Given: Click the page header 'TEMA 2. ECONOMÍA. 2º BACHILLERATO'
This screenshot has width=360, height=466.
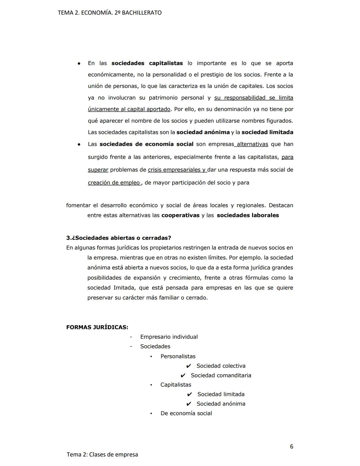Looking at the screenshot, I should (x=110, y=13).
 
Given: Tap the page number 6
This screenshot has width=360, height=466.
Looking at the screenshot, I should (x=292, y=446).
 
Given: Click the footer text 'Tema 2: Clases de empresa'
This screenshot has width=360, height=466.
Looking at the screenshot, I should (x=102, y=454).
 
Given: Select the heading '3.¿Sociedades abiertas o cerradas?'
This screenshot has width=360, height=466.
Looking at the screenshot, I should (x=119, y=238).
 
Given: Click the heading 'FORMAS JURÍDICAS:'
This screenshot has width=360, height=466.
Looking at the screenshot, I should (x=97, y=327).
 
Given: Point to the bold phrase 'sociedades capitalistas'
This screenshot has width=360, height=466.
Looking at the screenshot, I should (x=147, y=63).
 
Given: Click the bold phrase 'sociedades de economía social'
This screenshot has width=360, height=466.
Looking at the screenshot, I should (x=146, y=144).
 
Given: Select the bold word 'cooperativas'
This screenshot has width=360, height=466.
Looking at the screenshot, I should (x=180, y=215).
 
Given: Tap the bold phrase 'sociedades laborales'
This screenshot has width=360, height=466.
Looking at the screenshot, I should (x=248, y=215).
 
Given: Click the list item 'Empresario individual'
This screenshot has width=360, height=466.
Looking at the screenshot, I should (x=169, y=337).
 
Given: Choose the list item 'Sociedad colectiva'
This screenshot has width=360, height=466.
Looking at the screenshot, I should (x=221, y=366).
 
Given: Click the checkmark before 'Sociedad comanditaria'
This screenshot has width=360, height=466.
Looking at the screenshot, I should (x=183, y=376).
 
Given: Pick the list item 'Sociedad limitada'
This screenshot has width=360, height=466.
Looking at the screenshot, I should (x=221, y=394).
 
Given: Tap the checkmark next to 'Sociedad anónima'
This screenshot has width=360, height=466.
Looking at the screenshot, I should (x=189, y=404).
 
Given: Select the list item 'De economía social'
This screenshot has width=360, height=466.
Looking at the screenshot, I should (x=186, y=413).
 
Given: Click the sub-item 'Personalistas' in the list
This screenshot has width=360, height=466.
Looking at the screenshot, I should (x=178, y=356).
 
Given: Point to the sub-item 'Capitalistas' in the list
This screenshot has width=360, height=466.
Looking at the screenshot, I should (x=176, y=385).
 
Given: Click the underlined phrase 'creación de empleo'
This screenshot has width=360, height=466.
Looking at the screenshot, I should (x=114, y=182).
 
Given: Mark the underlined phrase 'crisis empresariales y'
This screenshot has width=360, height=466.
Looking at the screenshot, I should (x=177, y=170).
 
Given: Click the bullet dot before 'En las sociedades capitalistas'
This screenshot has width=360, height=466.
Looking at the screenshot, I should (x=79, y=63).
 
